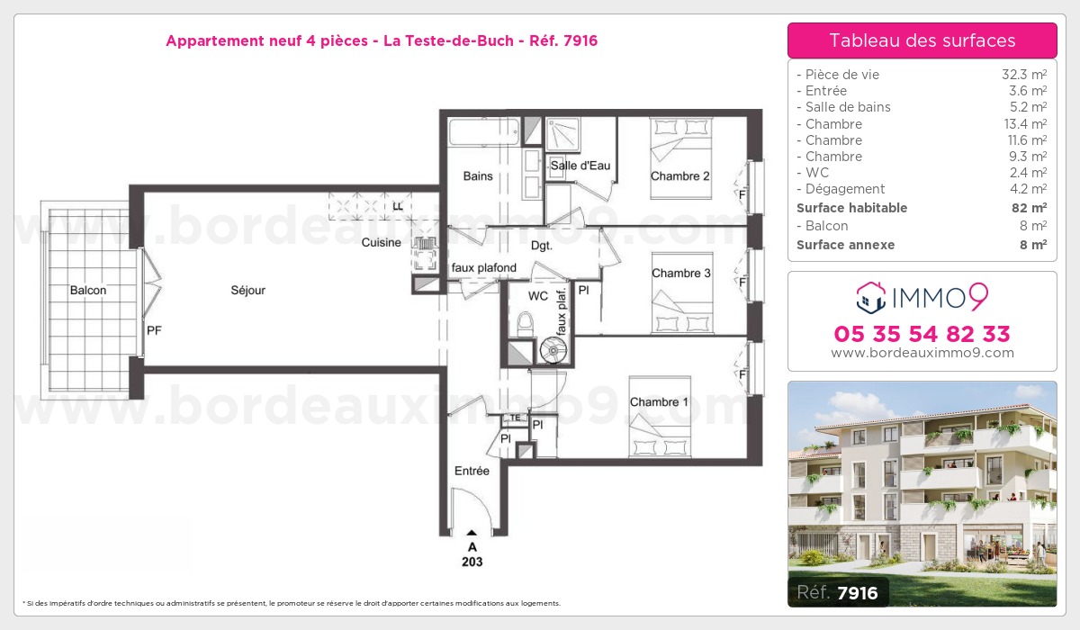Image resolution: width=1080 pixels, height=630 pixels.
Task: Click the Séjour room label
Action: [x=247, y=290]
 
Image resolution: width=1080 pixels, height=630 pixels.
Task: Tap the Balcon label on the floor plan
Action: [x=88, y=290]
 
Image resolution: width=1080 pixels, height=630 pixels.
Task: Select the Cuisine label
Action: [x=381, y=242]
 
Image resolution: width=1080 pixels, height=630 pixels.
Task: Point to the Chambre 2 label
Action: [x=679, y=175]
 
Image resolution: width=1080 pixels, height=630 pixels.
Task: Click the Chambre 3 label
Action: [x=680, y=274]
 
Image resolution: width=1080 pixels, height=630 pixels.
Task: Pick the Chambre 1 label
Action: [x=659, y=402]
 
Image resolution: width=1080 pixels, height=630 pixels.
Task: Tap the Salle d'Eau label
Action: [x=580, y=166]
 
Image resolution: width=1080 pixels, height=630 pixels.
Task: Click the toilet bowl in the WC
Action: [x=525, y=325]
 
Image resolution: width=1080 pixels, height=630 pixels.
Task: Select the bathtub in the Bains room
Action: [x=484, y=131]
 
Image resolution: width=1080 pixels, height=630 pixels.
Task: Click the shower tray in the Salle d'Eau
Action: [x=562, y=133]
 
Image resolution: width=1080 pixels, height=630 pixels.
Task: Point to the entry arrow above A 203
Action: [x=472, y=533]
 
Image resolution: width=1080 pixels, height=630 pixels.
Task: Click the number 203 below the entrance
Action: [x=472, y=562]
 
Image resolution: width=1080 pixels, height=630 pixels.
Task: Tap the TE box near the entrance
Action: [x=515, y=418]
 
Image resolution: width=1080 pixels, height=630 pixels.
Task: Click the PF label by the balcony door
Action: [x=154, y=330]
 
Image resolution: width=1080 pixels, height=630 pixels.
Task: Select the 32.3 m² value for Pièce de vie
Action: [x=1024, y=74]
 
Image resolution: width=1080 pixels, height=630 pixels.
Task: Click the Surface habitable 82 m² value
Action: [x=1029, y=208]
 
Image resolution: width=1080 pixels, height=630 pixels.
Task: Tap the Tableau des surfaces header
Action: [x=922, y=40]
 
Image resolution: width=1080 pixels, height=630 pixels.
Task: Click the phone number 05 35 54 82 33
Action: [x=922, y=334]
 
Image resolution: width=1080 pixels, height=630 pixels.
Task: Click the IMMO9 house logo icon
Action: [x=871, y=297]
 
